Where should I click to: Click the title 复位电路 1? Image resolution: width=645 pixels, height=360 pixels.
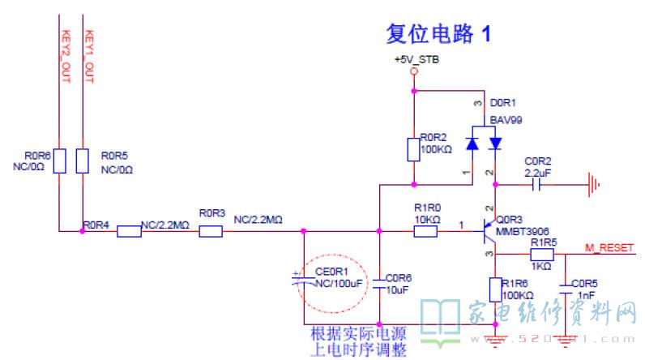pos(438,34)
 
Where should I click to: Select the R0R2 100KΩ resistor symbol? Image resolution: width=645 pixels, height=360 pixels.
pos(414,150)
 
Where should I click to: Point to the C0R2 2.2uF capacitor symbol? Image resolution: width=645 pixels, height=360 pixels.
pos(536,185)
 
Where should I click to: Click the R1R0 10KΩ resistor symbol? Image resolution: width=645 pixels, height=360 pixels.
pos(425,232)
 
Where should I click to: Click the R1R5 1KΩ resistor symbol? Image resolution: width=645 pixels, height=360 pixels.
pos(541,254)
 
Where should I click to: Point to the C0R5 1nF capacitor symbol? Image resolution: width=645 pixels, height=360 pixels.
pos(565,285)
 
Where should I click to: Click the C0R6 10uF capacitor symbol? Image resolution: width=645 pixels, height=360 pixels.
pos(380,279)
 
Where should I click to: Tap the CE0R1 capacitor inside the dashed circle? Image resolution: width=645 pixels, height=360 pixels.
pos(301,280)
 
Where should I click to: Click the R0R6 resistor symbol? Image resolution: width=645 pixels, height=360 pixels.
pos(60,161)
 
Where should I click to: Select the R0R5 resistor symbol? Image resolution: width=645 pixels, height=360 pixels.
pos(82,161)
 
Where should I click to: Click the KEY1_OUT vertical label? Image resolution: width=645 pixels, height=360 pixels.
pos(89,57)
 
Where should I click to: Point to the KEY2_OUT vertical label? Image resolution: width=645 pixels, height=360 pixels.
pos(66,57)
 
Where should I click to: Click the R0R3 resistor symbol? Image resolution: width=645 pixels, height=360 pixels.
pos(211,232)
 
